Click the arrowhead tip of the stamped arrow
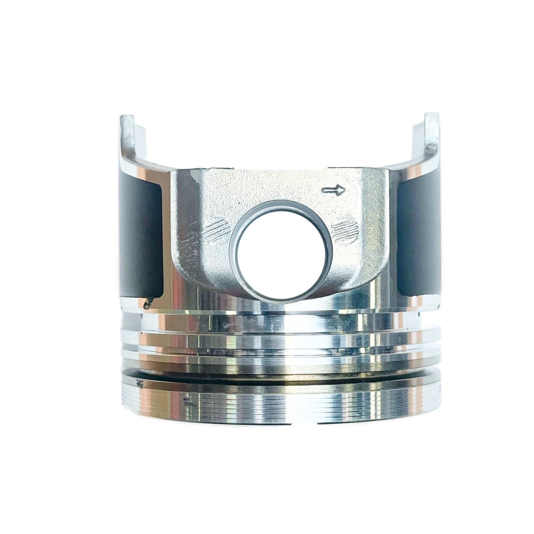click(343, 190)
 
